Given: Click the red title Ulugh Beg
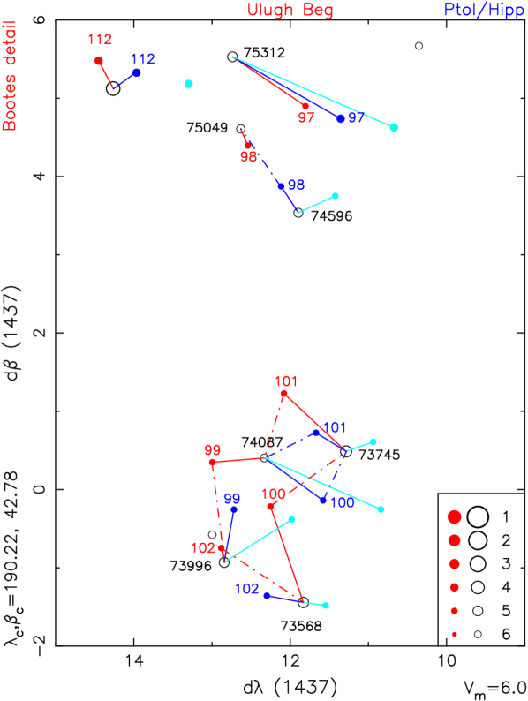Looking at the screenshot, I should coord(290,11).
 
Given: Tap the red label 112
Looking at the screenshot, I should coord(100,40).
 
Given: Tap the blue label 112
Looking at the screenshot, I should coord(143,59).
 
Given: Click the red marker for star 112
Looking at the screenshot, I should coord(99,60).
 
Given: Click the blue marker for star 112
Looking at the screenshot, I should coord(137,72).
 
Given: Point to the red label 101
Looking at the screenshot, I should coord(286,381).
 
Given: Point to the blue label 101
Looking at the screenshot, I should coord(335,428).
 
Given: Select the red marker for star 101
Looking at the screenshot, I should coord(284,395).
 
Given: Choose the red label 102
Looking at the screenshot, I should coord(203,548).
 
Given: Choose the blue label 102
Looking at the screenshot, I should coord(247,589).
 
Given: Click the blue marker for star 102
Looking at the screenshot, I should coord(267,595).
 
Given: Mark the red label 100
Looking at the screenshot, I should coord(274,494).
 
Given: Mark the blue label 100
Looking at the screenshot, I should coord(342,502).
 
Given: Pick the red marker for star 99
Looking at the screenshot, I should coord(212,462).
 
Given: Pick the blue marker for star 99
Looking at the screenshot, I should coord(234,509).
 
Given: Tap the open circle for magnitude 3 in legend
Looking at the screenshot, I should coord(478,563).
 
